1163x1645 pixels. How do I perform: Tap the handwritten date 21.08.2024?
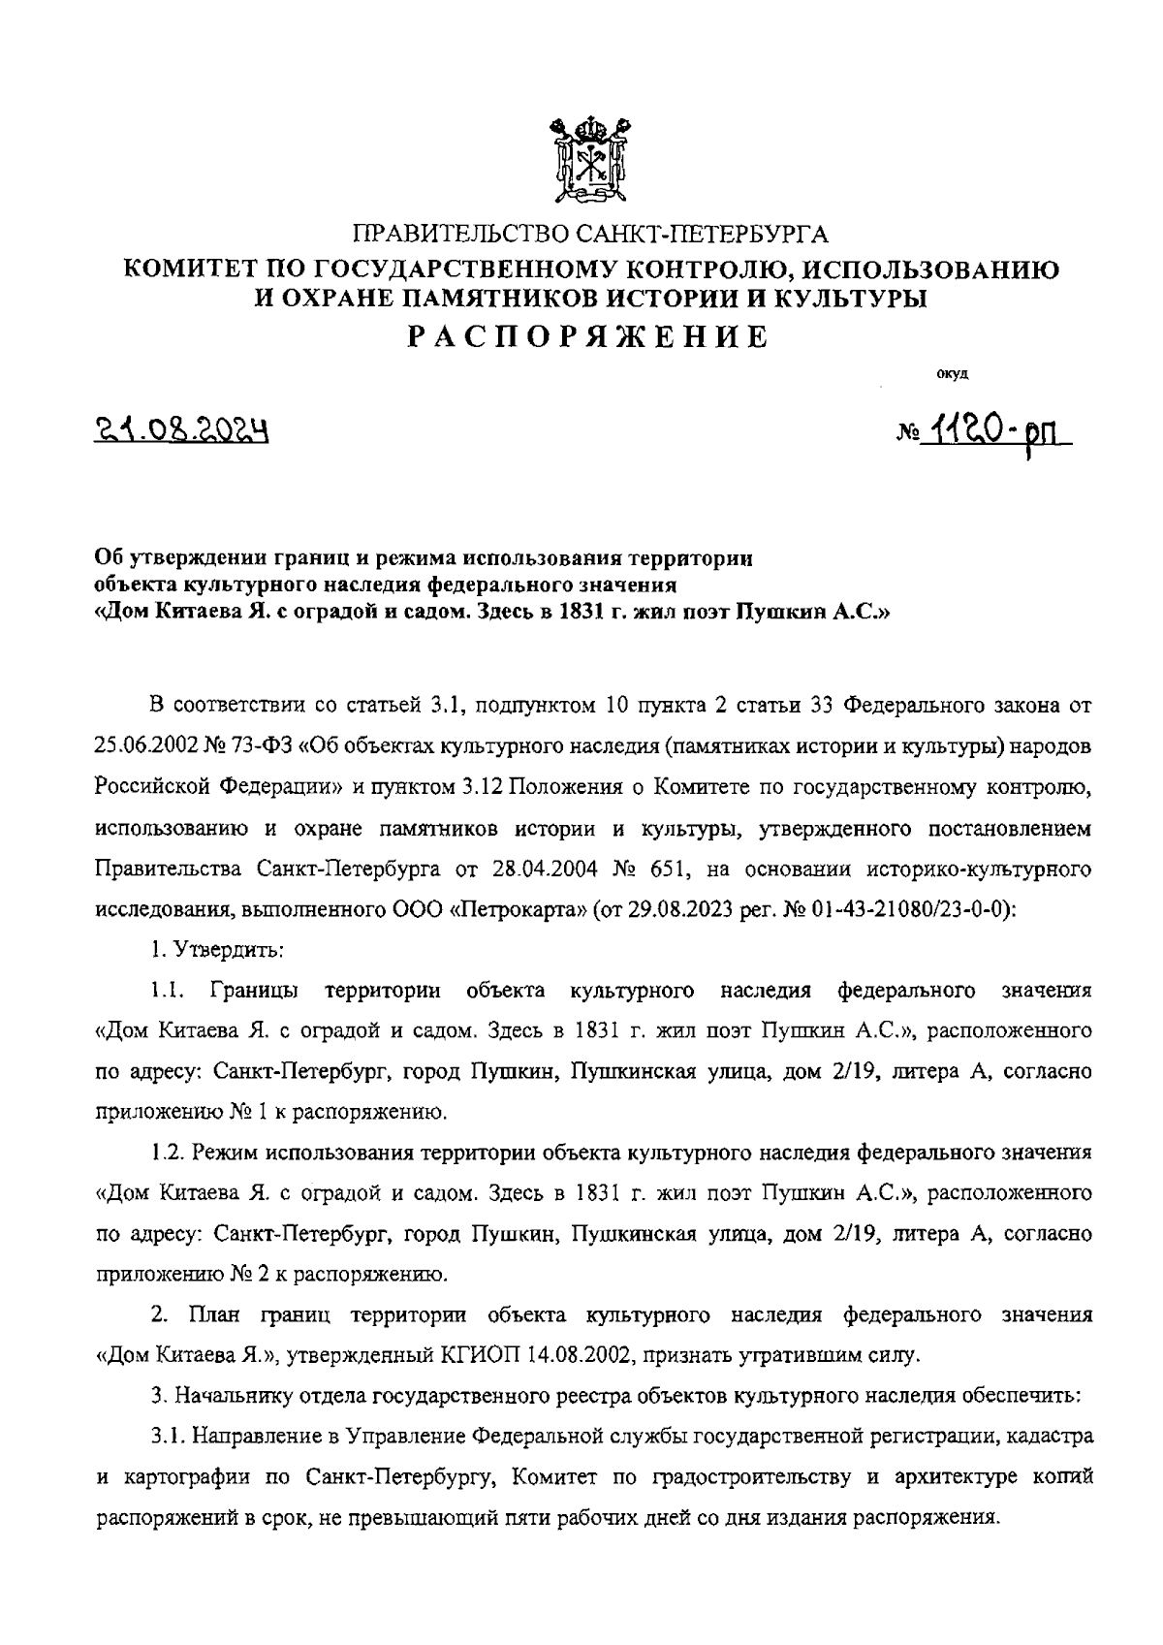click(181, 428)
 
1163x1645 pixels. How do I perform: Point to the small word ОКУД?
click(951, 372)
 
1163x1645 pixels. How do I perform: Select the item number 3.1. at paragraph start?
click(168, 1437)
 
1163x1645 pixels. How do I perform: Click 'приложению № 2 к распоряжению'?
click(271, 1274)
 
